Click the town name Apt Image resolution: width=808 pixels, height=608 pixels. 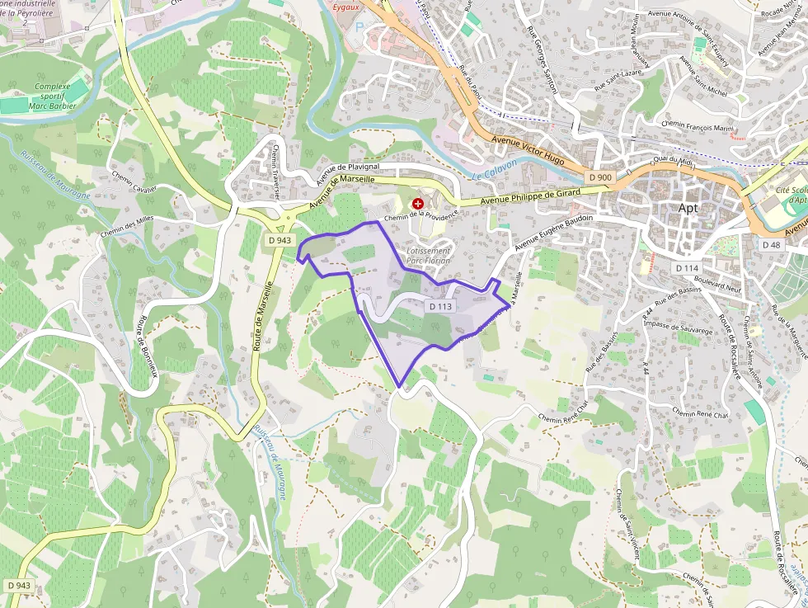687,208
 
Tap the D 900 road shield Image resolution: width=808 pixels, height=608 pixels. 600,177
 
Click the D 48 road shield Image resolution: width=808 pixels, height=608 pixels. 771,245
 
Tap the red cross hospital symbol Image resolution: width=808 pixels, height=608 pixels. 418,203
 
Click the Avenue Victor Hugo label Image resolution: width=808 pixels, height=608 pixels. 528,150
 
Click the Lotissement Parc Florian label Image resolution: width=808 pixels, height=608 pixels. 428,255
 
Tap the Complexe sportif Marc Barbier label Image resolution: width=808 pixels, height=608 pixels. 55,96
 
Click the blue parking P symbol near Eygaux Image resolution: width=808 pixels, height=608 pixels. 358,26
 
